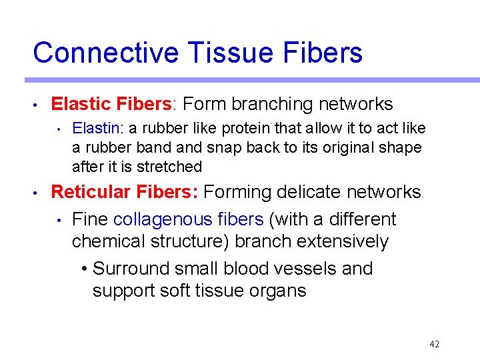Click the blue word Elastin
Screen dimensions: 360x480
tap(92, 128)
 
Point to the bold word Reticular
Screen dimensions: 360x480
tap(91, 192)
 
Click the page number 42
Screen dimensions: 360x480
tap(435, 344)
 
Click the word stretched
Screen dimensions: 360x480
tap(170, 167)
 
